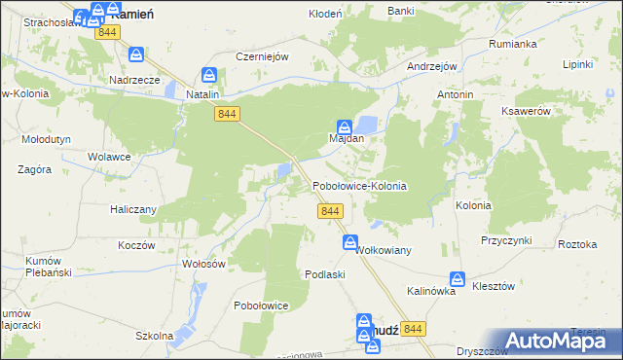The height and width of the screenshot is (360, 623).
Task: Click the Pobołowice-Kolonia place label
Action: point(358,185)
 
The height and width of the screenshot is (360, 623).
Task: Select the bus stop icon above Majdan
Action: point(345,126)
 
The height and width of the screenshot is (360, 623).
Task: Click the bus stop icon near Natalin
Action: point(209,74)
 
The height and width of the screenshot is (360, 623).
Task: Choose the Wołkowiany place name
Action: point(385,250)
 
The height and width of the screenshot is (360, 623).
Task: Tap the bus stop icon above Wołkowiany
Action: point(349,243)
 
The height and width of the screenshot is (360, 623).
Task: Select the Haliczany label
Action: point(132,208)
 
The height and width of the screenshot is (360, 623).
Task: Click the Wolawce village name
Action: point(109,156)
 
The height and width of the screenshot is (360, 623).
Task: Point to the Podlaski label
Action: point(326,275)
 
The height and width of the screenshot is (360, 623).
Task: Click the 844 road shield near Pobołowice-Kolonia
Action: point(329,211)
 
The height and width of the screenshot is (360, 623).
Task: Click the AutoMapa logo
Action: point(561,341)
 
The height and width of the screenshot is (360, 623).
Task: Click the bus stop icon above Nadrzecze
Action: point(137,54)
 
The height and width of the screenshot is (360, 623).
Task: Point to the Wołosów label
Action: point(204,264)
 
